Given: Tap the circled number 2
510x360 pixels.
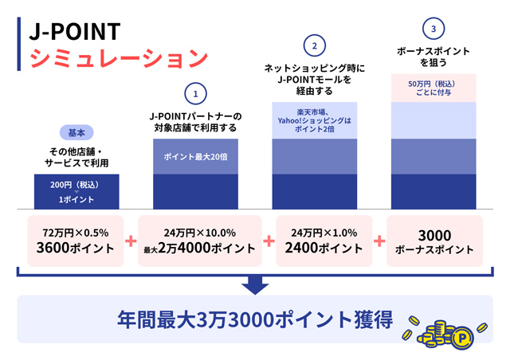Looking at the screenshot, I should [x=314, y=45].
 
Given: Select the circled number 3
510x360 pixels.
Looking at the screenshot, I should [x=433, y=29].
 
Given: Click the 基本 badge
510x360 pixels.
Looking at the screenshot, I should [x=76, y=132].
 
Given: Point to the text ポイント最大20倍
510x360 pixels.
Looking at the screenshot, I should [x=196, y=157].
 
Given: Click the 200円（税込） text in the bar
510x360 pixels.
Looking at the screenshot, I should [x=76, y=185].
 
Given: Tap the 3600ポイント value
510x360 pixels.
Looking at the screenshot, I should [x=76, y=248].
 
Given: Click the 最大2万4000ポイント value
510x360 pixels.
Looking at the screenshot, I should [x=199, y=248].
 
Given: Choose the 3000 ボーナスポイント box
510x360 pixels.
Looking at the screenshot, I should [x=433, y=241].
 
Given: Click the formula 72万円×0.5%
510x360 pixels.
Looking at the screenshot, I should [x=76, y=232].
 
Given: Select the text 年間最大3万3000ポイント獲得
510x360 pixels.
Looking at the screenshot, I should [x=254, y=320].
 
